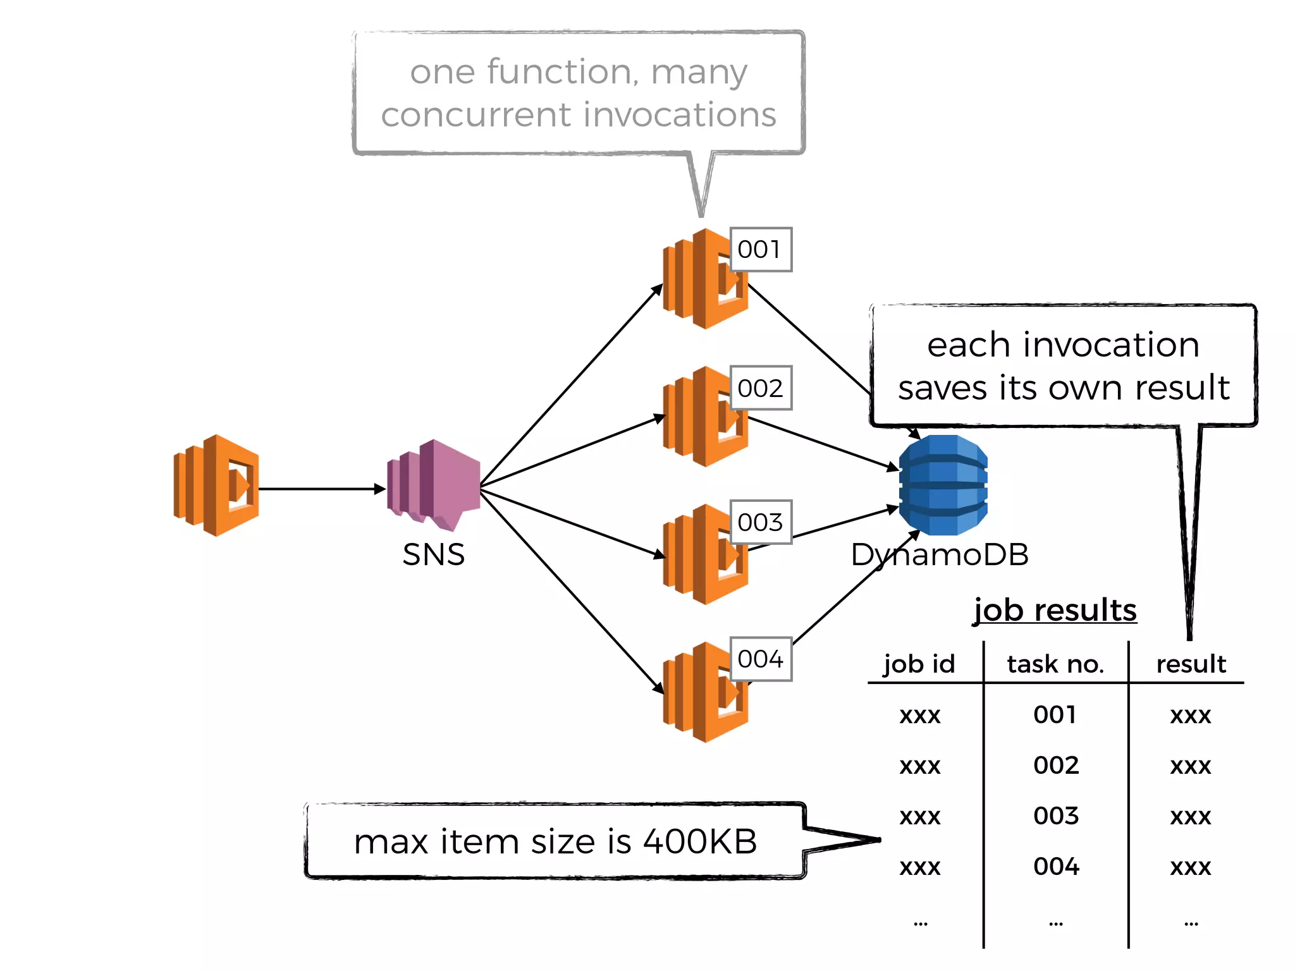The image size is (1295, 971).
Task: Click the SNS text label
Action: pyautogui.click(x=433, y=554)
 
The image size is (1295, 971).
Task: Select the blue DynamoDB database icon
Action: pyautogui.click(x=943, y=485)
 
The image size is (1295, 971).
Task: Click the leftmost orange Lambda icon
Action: pyautogui.click(x=216, y=485)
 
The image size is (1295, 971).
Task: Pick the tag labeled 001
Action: pyautogui.click(x=760, y=250)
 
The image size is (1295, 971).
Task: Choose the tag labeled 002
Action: pyautogui.click(x=760, y=388)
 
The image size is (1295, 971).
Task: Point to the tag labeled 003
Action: pyautogui.click(x=760, y=522)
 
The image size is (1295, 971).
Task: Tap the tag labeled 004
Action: pyautogui.click(x=760, y=659)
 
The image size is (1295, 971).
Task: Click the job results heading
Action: pyautogui.click(x=1055, y=610)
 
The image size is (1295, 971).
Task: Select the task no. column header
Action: pyautogui.click(x=1055, y=664)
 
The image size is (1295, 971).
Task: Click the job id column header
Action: pyautogui.click(x=919, y=664)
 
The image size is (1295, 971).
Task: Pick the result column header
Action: pyautogui.click(x=1191, y=664)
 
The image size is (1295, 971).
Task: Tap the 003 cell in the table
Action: pyautogui.click(x=1056, y=815)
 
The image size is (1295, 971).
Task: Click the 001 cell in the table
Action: pyautogui.click(x=1055, y=715)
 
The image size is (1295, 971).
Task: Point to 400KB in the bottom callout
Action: pyautogui.click(x=699, y=841)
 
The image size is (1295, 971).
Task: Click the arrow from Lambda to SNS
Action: pyautogui.click(x=319, y=489)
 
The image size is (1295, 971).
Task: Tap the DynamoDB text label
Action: pyautogui.click(x=940, y=554)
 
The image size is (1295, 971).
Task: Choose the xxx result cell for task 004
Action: pyautogui.click(x=1190, y=867)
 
